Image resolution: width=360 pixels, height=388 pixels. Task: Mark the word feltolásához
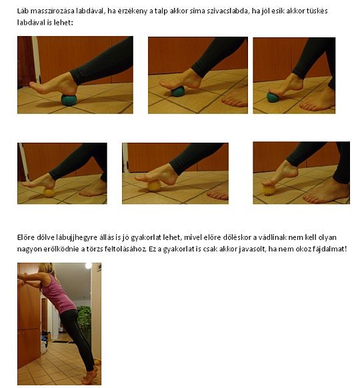[125, 249]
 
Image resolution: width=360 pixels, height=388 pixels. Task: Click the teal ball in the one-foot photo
[69, 100]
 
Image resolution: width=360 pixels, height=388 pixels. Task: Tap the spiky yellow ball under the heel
[49, 193]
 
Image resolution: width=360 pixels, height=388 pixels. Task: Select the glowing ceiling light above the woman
[88, 266]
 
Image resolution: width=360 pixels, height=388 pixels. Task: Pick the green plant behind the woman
[84, 317]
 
